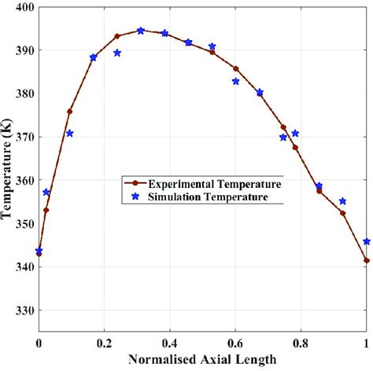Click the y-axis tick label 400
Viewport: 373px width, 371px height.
tap(24, 7)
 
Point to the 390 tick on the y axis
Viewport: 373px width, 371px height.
tap(24, 50)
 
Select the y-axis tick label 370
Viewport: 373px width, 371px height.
tap(24, 137)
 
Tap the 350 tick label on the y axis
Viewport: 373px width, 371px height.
tap(24, 224)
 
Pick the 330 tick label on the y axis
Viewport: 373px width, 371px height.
tap(24, 310)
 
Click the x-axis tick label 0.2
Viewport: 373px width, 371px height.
tap(104, 343)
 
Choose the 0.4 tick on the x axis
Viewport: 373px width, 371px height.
tap(170, 343)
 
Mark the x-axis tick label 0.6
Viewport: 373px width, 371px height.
tap(235, 343)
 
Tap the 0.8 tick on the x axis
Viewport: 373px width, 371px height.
tap(301, 343)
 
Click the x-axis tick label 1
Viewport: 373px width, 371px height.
tap(367, 343)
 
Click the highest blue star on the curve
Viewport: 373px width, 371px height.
tap(141, 31)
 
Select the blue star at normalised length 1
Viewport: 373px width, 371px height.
tap(367, 241)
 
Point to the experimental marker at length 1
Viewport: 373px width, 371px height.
tap(367, 260)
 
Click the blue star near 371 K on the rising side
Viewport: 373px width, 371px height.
tap(70, 134)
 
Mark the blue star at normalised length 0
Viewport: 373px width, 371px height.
tap(39, 251)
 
